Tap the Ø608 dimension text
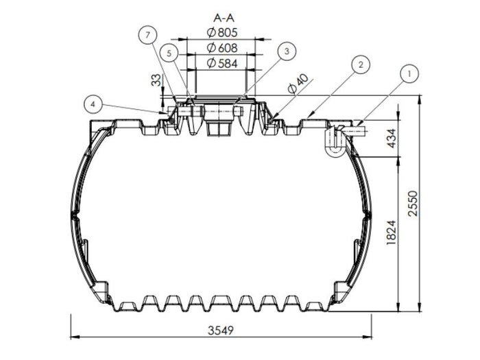[221, 48]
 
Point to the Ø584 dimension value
[221, 63]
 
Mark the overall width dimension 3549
[221, 330]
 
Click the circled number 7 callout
[146, 34]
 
